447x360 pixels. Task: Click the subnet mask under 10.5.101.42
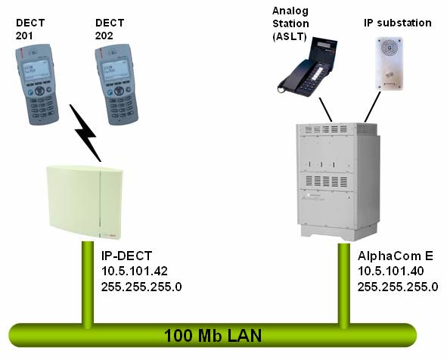(141, 286)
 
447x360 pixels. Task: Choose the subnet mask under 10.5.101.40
(398, 286)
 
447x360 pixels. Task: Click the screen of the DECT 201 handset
(39, 69)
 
